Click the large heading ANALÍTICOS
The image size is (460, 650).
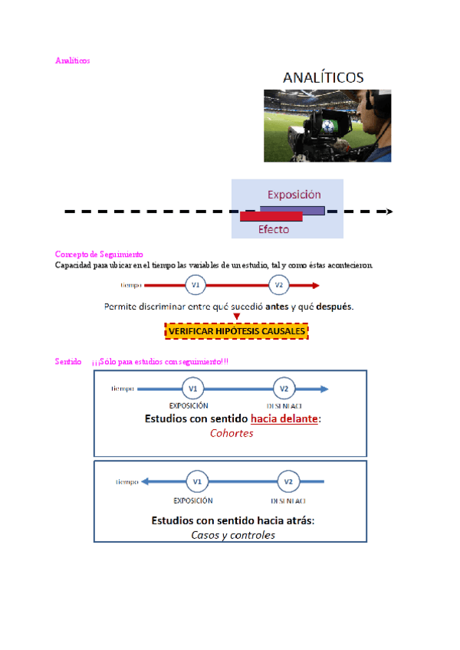click(x=323, y=77)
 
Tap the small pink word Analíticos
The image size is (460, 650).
click(x=72, y=60)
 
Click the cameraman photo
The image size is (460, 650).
click(x=327, y=125)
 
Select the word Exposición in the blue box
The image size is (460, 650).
click(x=294, y=195)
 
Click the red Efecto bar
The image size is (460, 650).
click(x=271, y=218)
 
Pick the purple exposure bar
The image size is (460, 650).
click(x=293, y=208)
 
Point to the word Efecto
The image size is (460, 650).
click(x=274, y=230)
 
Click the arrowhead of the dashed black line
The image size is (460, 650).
click(x=389, y=212)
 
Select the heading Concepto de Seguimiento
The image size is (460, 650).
click(x=99, y=254)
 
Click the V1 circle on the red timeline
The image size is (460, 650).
click(x=196, y=286)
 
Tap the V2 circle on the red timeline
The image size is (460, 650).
click(x=279, y=286)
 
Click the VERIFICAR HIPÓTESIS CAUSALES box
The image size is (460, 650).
click(x=237, y=331)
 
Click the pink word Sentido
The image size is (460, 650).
click(x=68, y=361)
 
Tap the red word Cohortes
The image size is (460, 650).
click(x=232, y=433)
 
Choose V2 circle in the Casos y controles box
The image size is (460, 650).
click(x=288, y=482)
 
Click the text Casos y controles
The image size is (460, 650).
click(x=233, y=535)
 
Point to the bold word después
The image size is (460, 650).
click(x=332, y=307)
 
